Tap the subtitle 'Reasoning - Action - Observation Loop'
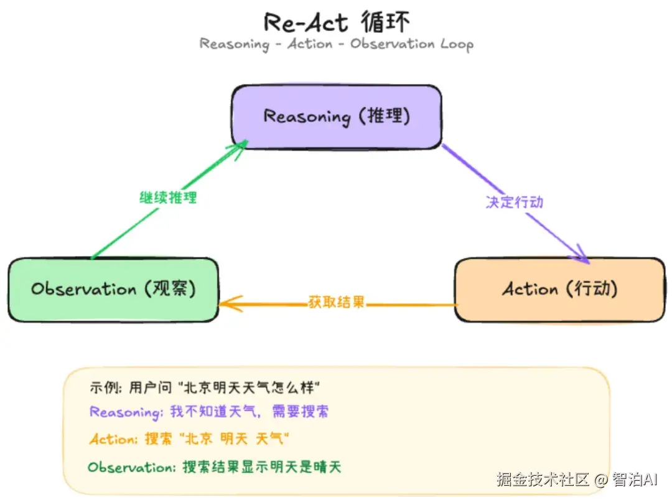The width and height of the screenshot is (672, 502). (337, 44)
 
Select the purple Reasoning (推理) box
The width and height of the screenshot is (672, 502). (337, 117)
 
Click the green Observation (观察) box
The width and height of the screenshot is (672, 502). (113, 290)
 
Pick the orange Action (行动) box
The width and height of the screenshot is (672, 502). (559, 290)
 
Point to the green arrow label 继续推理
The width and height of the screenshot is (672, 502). (168, 198)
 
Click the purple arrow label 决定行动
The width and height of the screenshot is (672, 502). (515, 202)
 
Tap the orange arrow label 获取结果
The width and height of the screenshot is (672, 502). (336, 303)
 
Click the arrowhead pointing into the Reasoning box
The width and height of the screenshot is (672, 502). (239, 147)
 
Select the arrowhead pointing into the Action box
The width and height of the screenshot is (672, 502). (581, 253)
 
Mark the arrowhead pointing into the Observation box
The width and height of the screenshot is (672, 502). (228, 304)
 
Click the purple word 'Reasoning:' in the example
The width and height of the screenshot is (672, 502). (125, 412)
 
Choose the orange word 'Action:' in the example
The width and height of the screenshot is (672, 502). (113, 439)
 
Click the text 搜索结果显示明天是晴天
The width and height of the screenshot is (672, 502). (262, 467)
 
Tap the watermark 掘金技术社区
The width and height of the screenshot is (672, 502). (543, 480)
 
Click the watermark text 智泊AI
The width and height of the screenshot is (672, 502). (635, 480)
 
